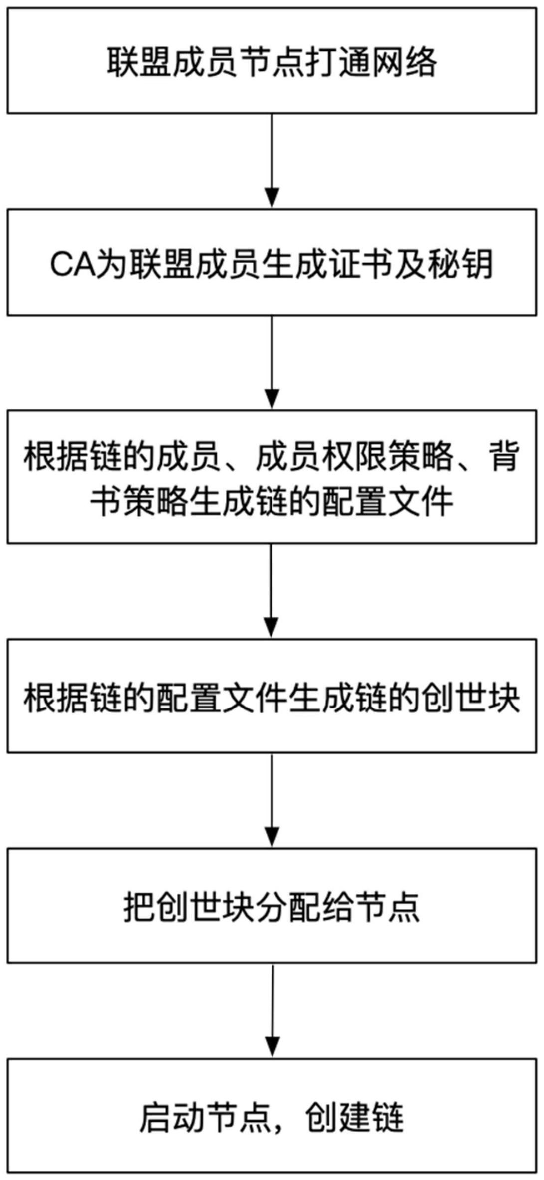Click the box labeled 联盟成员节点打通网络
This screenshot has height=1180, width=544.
point(272,60)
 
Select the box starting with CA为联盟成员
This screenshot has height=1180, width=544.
point(272,262)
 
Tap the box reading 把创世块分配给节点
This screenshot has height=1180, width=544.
point(272,907)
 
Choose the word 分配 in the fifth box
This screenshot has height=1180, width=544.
point(288,907)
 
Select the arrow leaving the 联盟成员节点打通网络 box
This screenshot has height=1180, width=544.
point(272,160)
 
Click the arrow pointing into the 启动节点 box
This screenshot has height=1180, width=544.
point(272,1011)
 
